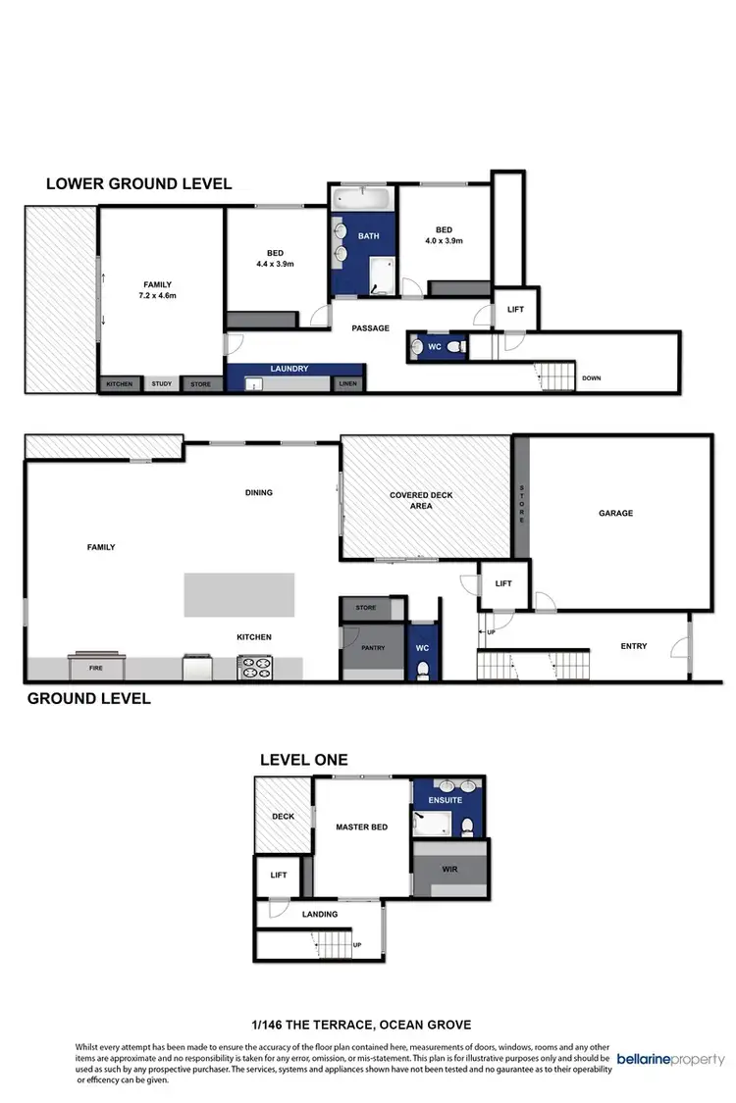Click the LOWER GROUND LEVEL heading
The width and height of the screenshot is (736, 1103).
138,183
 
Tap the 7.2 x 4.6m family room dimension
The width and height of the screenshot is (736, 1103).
158,295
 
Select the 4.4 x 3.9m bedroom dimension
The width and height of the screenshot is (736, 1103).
276,264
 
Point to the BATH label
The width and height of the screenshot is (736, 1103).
368,236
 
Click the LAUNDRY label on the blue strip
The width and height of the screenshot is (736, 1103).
289,369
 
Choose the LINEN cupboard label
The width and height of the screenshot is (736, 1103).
347,383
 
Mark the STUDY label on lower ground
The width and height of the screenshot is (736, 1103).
161,384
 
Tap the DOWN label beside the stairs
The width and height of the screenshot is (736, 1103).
592,377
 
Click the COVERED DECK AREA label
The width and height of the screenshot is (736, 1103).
421,501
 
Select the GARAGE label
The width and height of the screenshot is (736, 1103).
616,513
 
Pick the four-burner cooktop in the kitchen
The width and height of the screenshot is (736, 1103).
255,668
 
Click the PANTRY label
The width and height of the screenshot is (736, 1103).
373,647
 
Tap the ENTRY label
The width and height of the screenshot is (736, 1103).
634,646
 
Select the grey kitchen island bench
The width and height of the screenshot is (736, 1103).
238,595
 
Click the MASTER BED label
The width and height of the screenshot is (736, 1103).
361,827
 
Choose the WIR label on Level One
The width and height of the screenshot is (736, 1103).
450,870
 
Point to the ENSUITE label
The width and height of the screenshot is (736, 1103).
447,800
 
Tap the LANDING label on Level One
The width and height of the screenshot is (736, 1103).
320,915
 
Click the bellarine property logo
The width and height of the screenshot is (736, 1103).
671,1059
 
